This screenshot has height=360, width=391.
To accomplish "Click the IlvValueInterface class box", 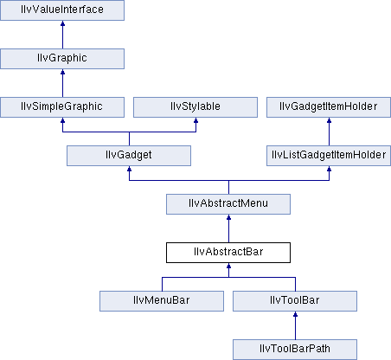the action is pyautogui.click(x=62, y=10).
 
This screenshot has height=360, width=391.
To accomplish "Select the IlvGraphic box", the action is pyautogui.click(x=62, y=59).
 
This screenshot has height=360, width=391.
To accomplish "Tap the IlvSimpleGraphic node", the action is pyautogui.click(x=62, y=107).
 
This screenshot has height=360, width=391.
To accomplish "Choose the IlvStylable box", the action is pyautogui.click(x=195, y=107).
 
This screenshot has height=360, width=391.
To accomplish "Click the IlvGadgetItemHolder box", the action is pyautogui.click(x=329, y=107).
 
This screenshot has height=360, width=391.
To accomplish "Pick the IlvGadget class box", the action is pyautogui.click(x=129, y=156).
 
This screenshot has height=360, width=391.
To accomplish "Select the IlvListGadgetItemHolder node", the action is pyautogui.click(x=329, y=156).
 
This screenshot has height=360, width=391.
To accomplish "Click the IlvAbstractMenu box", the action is pyautogui.click(x=228, y=204).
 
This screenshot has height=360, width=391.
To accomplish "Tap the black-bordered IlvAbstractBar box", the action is pyautogui.click(x=228, y=253).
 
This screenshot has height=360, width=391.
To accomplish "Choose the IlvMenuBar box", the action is pyautogui.click(x=162, y=301).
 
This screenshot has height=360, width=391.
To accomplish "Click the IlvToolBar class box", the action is pyautogui.click(x=295, y=301).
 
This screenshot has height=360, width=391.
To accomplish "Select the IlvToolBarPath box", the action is pyautogui.click(x=295, y=350).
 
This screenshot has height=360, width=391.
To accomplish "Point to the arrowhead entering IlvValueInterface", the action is pyautogui.click(x=62, y=23).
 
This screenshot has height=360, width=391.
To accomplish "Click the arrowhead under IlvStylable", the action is pyautogui.click(x=195, y=120).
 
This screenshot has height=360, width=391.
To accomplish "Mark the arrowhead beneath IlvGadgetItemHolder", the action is pyautogui.click(x=329, y=120).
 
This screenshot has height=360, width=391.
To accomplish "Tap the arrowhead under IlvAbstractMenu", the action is pyautogui.click(x=228, y=217).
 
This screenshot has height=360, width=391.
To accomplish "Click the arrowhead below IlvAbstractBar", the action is pyautogui.click(x=228, y=266).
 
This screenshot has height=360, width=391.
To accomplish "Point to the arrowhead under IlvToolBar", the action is pyautogui.click(x=295, y=314).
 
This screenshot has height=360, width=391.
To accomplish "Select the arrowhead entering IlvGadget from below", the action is pyautogui.click(x=129, y=169).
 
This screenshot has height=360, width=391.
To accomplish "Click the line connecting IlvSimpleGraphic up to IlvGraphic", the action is pyautogui.click(x=62, y=83).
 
